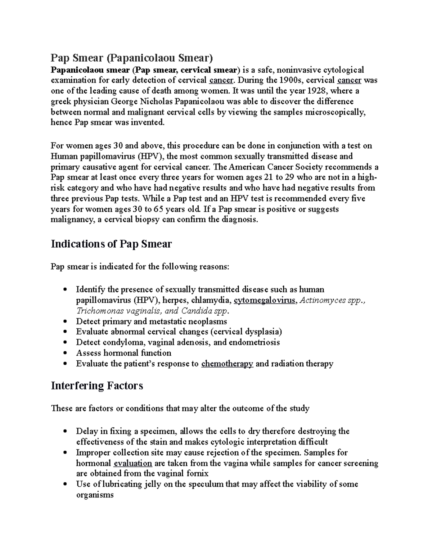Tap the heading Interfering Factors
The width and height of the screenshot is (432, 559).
click(97, 386)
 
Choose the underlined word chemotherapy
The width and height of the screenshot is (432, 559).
click(227, 364)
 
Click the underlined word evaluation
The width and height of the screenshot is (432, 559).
click(132, 463)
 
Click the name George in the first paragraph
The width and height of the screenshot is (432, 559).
click(118, 102)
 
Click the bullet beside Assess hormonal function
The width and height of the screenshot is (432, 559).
click(64, 353)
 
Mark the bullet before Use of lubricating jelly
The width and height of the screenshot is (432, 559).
click(64, 484)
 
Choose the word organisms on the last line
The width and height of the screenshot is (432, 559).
click(95, 495)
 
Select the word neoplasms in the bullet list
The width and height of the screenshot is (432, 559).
click(209, 321)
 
